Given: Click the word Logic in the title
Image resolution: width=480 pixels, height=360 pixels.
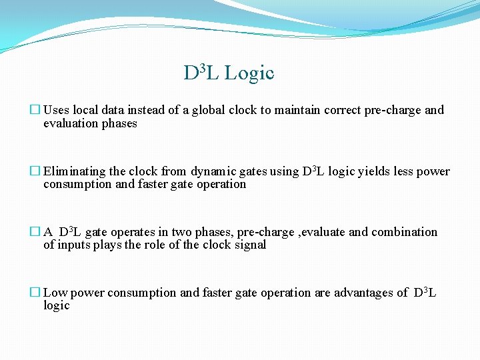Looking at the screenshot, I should click(x=249, y=73).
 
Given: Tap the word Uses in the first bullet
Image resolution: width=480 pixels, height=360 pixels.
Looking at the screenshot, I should click(x=56, y=110).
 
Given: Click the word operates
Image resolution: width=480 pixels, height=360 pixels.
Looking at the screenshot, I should click(x=132, y=232).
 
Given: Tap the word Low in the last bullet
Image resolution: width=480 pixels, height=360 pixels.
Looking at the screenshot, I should click(x=55, y=293).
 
